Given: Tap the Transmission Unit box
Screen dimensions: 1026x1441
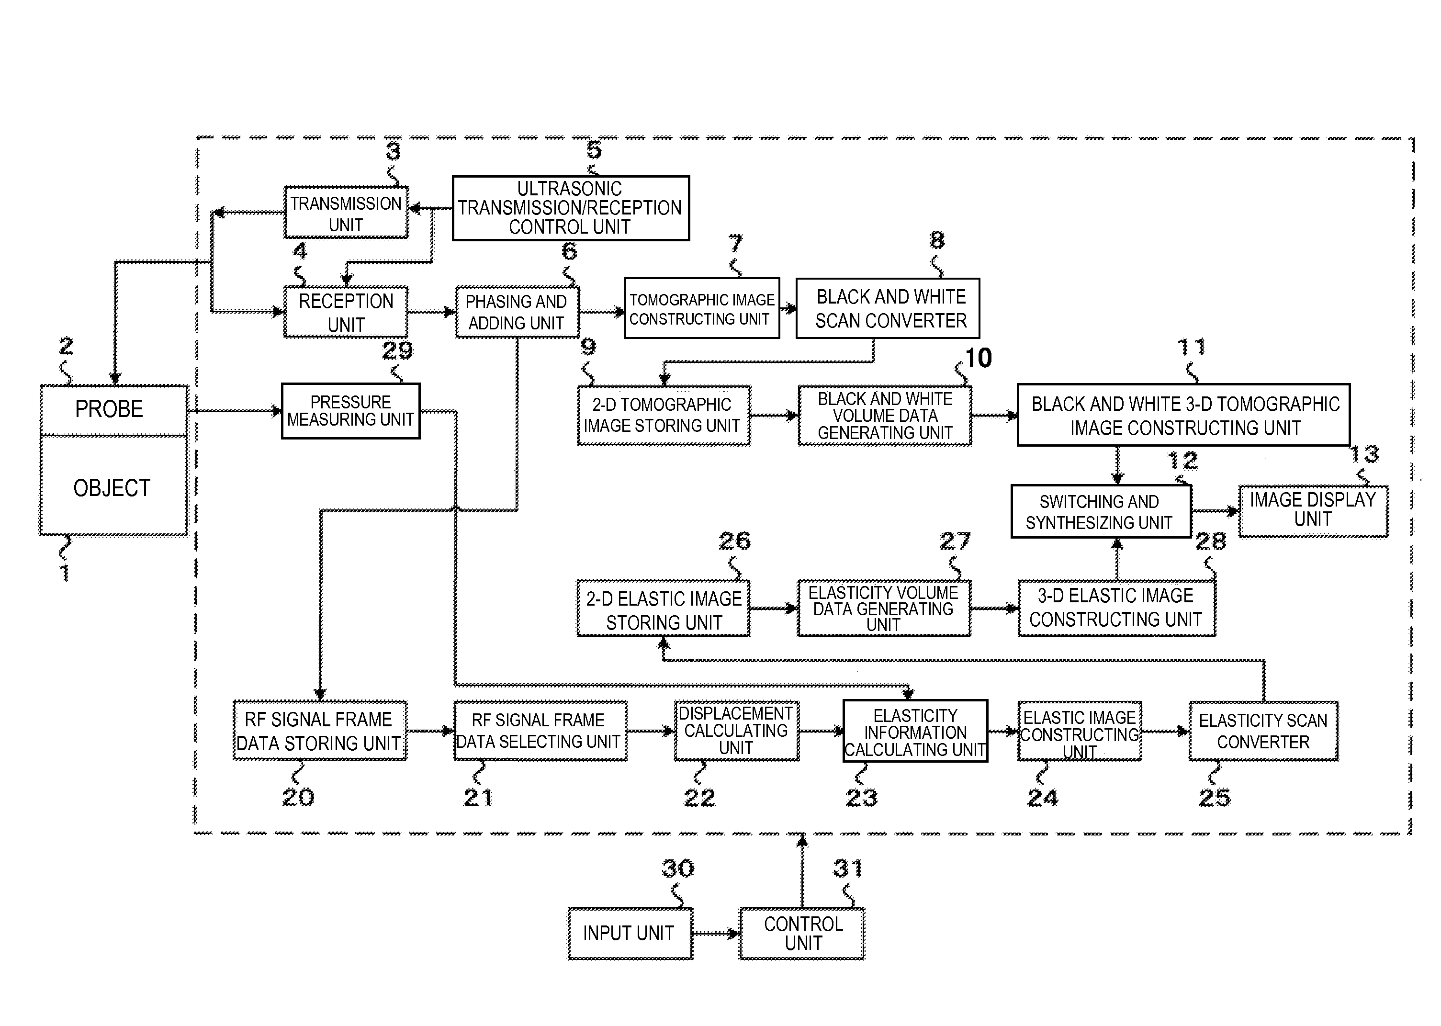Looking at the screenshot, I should (346, 213).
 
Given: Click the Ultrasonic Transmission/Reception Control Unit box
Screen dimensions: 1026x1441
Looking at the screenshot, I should (571, 208).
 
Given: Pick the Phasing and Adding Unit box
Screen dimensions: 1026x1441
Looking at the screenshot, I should (517, 312).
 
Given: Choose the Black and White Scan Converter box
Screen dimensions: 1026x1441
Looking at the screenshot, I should (888, 308).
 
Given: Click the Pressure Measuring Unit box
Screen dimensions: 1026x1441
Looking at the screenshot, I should (350, 411).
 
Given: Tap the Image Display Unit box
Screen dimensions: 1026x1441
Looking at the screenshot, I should (1313, 510).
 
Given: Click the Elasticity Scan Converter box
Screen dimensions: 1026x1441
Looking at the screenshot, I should (1263, 731).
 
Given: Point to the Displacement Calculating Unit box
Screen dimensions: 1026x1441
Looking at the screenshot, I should (736, 731).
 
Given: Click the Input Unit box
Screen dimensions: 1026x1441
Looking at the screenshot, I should (630, 933).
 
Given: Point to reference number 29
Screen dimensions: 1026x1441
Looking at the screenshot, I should (397, 350).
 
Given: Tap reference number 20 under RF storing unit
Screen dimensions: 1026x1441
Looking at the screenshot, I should (298, 797).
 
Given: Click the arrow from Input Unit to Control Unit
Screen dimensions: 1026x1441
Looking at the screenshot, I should (716, 933).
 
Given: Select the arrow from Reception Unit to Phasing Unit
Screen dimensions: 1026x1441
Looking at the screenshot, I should (431, 312).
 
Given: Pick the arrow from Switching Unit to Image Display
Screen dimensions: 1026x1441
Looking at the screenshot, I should (1214, 511).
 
